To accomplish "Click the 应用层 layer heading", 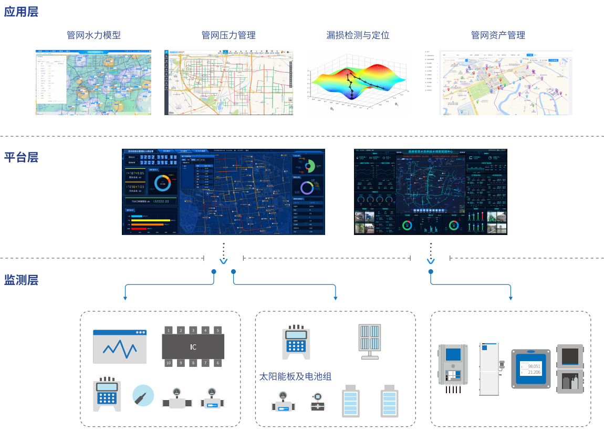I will (x=21, y=12).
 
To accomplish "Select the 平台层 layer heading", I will (x=21, y=157).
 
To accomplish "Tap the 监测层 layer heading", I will (x=21, y=279).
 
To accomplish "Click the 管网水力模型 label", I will (x=93, y=35).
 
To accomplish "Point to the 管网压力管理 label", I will (x=228, y=35).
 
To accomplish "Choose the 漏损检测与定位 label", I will (x=358, y=35).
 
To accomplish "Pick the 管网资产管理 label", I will (x=498, y=35).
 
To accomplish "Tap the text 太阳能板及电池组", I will (x=295, y=376).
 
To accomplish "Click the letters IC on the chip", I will (x=193, y=347).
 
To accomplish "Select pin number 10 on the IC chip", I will (x=169, y=363).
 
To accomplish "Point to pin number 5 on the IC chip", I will (x=217, y=331).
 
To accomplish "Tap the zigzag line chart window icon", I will (x=120, y=346).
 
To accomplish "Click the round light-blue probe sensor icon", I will (x=143, y=395).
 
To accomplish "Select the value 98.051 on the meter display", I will (x=534, y=366).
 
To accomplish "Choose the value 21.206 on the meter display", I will (x=534, y=372).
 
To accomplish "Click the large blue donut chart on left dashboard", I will (x=162, y=183).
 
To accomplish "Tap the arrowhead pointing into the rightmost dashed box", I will (x=511, y=299).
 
